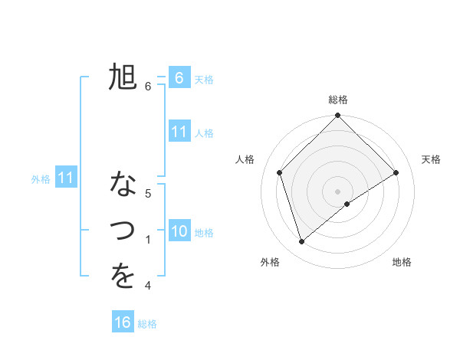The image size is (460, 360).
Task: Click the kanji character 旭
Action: (x=123, y=77)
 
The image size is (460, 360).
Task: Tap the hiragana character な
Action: (x=123, y=185)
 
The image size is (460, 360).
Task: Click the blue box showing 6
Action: (x=179, y=78)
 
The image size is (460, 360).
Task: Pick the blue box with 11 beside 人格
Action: (x=179, y=132)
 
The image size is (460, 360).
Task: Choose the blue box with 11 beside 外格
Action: (x=66, y=178)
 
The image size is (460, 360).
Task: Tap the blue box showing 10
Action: (x=179, y=231)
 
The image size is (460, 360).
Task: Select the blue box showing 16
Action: (x=123, y=322)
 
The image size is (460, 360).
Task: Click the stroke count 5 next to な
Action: (x=148, y=194)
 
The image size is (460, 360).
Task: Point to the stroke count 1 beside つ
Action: (x=148, y=241)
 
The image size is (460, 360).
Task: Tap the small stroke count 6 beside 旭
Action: (x=148, y=87)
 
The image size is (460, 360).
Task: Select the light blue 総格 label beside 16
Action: (x=147, y=324)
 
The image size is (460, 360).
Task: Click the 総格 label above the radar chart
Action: (x=338, y=100)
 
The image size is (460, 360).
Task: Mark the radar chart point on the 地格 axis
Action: (x=347, y=204)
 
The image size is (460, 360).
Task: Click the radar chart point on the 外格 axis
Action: (x=302, y=242)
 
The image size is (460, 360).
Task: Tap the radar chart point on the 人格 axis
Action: (x=280, y=172)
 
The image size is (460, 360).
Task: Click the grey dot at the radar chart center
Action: (x=337, y=191)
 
